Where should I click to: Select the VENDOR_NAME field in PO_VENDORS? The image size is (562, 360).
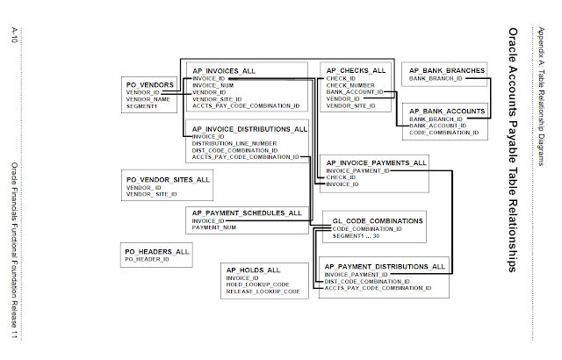point(148,98)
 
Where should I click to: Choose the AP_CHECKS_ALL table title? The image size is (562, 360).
point(356,69)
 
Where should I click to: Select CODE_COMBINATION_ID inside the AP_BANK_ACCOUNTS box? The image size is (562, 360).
point(443,133)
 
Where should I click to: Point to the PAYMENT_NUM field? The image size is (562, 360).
point(214,227)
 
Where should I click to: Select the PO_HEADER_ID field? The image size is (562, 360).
point(147,260)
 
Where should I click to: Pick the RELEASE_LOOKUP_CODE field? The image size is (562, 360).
point(263,291)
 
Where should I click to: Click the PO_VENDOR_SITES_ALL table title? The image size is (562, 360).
point(168,179)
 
